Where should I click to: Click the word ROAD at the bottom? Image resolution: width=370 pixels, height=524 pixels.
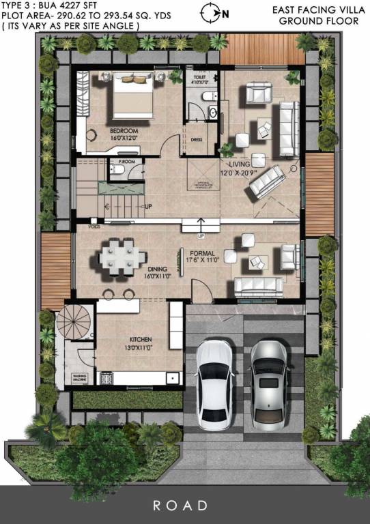pos(180,506)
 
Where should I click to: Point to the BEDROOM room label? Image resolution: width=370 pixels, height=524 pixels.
pos(124,130)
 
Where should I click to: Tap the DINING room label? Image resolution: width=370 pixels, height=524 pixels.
pos(157,269)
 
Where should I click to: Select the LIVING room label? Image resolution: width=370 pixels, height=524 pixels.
pos(240,164)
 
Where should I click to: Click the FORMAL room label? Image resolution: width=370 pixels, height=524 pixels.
pos(203,252)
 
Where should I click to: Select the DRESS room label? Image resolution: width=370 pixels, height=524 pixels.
pos(197,140)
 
